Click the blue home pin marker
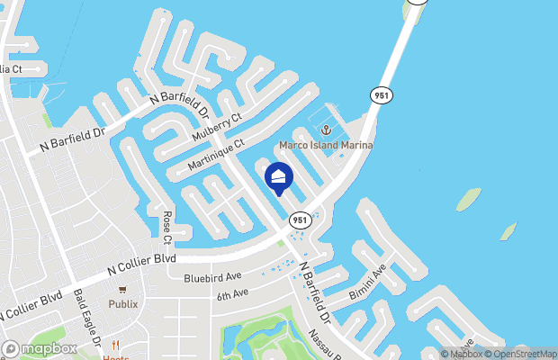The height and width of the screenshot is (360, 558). (279, 178)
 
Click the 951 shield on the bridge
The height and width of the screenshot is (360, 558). (379, 94)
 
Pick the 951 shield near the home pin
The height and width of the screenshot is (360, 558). (300, 220)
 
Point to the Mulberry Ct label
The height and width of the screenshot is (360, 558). (218, 130)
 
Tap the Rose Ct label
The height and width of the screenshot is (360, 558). (167, 228)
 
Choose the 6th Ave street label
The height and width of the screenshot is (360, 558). (231, 295)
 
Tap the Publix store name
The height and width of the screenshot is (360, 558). (123, 304)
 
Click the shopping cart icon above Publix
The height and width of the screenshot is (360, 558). (123, 291)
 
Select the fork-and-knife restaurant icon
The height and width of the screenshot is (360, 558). (115, 345)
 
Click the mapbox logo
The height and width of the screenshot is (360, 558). (40, 348)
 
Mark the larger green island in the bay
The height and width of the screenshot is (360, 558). (468, 199)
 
